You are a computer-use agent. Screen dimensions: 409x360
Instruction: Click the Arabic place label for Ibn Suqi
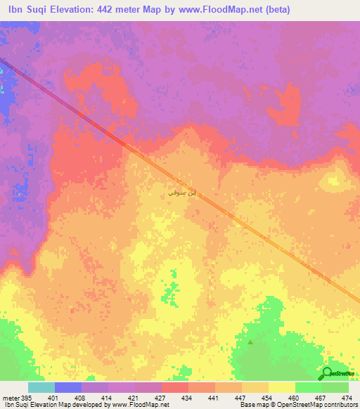(x=177, y=190)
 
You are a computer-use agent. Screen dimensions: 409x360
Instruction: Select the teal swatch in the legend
(x=41, y=388)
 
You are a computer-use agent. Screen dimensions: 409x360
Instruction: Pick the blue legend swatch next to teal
(x=67, y=388)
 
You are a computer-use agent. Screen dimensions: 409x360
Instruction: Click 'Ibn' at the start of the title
(x=16, y=10)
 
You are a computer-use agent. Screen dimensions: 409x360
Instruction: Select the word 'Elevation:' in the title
(x=81, y=10)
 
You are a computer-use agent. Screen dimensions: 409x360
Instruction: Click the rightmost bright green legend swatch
(x=335, y=388)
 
